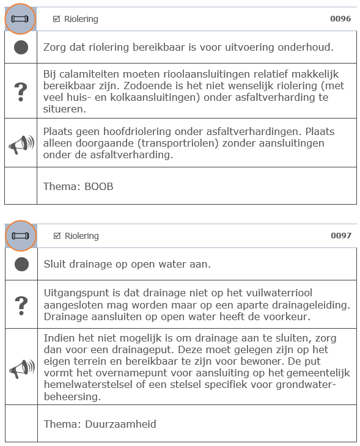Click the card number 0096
point(340,19)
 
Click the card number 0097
point(340,236)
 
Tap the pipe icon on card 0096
point(21,19)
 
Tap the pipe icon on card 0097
point(21,236)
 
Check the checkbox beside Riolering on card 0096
point(56,19)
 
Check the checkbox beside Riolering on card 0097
point(56,236)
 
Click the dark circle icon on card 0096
point(21,47)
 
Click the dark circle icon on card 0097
point(21,264)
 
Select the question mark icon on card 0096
point(21,92)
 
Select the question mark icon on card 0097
point(21,304)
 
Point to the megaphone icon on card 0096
point(21,143)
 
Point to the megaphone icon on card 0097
point(21,367)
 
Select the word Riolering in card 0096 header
point(81,19)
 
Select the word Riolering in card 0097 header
point(81,236)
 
